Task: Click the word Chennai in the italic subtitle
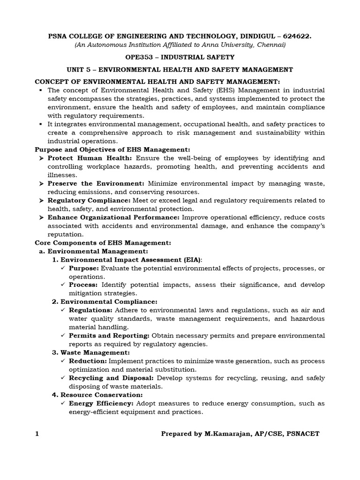270,45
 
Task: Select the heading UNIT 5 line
180,69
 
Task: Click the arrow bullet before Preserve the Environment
41,184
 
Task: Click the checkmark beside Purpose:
63,268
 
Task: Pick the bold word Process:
83,285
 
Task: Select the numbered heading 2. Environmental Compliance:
105,301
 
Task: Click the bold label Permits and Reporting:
109,336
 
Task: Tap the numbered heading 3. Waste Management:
90,352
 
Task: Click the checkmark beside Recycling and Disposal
63,378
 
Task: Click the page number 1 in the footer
37,434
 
